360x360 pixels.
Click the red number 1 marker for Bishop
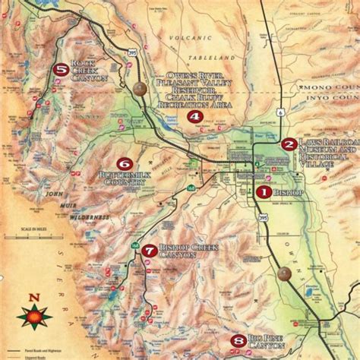click(x=262, y=192)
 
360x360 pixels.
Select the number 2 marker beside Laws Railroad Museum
click(x=289, y=144)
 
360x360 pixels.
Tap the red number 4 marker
click(x=195, y=117)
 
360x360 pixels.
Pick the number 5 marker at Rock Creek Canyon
click(x=61, y=70)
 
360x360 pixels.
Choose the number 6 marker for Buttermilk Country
click(x=123, y=163)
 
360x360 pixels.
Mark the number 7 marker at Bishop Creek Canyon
click(x=149, y=250)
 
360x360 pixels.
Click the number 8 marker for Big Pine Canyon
click(x=238, y=340)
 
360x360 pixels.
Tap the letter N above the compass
click(x=33, y=297)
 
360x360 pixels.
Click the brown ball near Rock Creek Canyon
click(x=140, y=89)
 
